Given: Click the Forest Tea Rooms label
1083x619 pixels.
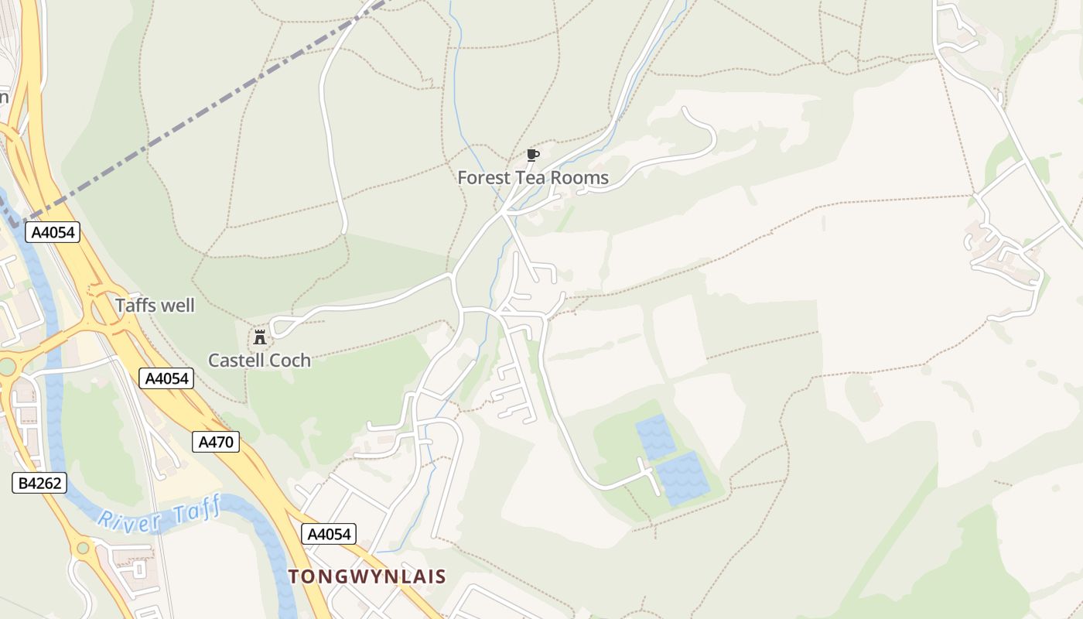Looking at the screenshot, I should tap(533, 177).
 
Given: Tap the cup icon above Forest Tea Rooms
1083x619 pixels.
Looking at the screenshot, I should tap(532, 155).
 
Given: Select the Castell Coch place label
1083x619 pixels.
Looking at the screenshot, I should tap(259, 360).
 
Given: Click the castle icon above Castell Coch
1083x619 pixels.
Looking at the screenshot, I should tap(260, 337).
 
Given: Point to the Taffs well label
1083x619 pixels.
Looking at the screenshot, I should tap(155, 306).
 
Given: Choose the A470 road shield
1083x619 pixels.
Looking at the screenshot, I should tap(216, 442).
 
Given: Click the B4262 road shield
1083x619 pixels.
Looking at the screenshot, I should tap(39, 484).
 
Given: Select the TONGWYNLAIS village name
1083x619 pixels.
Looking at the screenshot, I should tap(367, 576).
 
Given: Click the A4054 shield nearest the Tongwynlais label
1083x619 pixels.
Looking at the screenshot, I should tap(329, 534).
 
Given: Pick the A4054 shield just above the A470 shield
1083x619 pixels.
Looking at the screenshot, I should tap(166, 378).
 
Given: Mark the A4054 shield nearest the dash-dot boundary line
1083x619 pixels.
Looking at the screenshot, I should tap(53, 232).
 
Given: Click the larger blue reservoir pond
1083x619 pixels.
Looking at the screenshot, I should tap(682, 478).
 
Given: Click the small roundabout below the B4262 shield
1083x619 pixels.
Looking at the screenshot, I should tap(82, 548).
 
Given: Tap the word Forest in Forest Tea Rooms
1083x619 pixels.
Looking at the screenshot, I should tap(483, 177).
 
